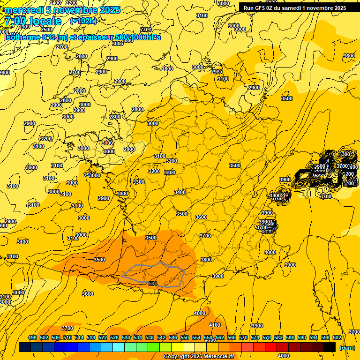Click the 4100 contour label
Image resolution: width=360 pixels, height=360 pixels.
pos(215,325)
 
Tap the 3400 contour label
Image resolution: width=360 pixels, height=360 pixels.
pos(180,192)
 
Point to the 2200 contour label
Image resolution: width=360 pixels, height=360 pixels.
pos(71,3)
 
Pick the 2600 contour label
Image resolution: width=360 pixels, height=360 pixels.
pos(4,73)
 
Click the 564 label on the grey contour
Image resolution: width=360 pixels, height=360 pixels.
pos(153,284)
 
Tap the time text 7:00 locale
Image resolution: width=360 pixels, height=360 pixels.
pos(33,21)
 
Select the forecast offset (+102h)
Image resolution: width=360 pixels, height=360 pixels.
pos(83,21)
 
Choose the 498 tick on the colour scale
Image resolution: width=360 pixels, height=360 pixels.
pos(32,337)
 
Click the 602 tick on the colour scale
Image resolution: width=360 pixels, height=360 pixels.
pos(337,337)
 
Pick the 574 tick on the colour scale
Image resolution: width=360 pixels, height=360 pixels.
pos(255,337)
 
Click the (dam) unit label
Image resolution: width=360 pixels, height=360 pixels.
pos(346,348)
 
